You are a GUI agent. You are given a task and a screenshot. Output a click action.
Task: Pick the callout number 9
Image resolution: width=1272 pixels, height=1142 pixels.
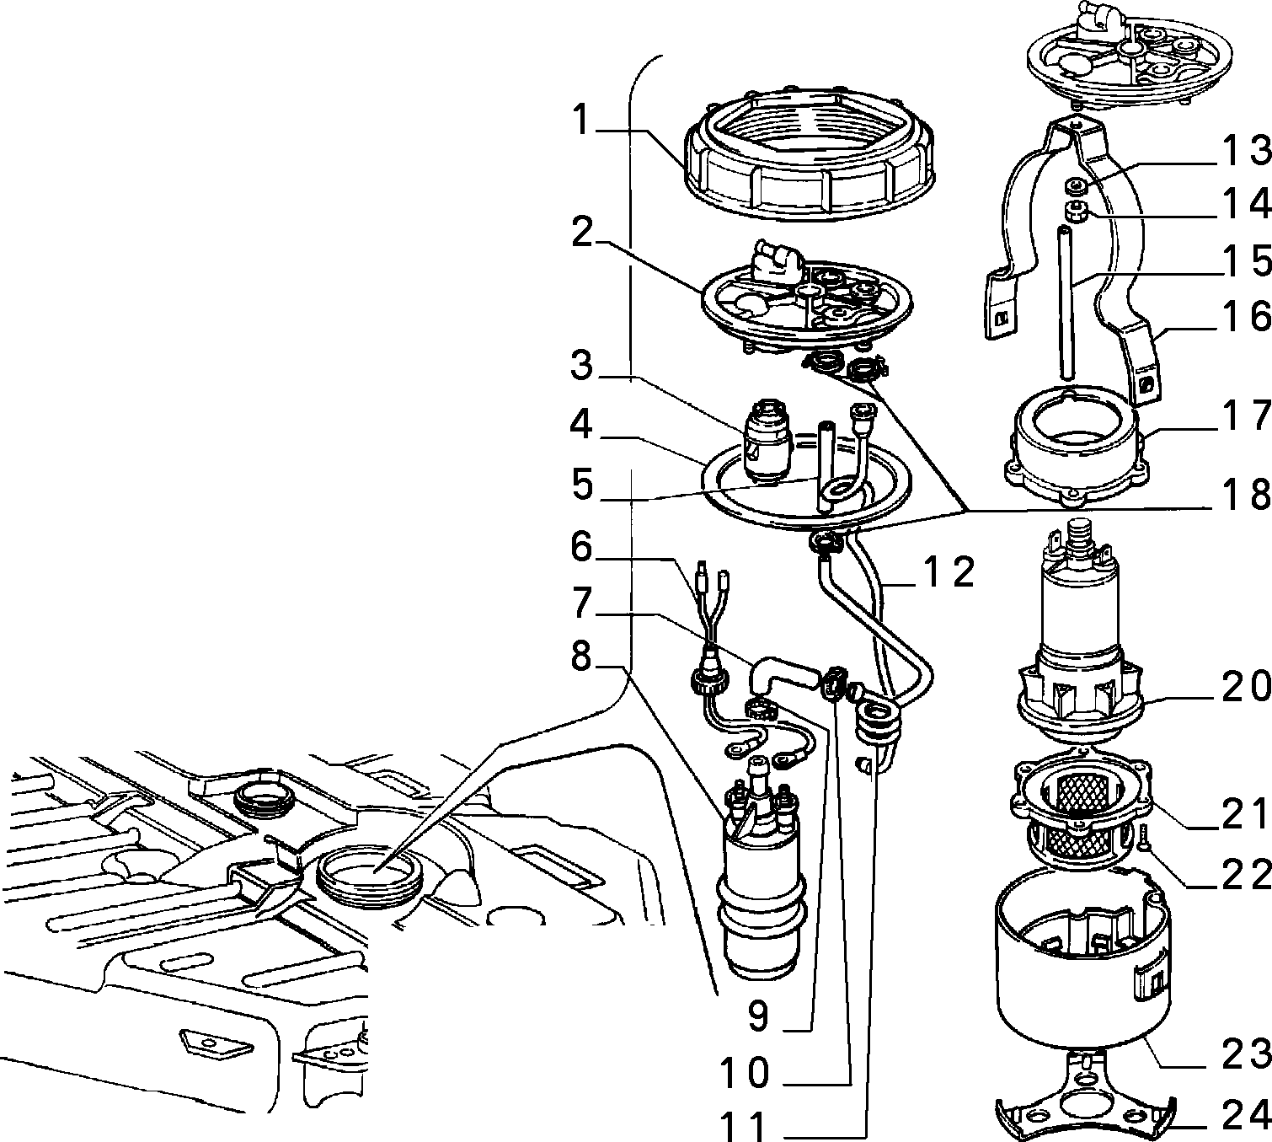tap(758, 1015)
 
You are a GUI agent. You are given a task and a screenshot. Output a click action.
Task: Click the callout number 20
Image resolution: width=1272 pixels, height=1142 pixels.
tap(1247, 687)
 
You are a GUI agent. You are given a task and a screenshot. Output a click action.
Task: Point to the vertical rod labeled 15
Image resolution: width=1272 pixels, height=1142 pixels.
tap(1066, 303)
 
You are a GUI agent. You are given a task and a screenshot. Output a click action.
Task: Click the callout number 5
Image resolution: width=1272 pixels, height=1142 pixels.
tap(582, 485)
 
